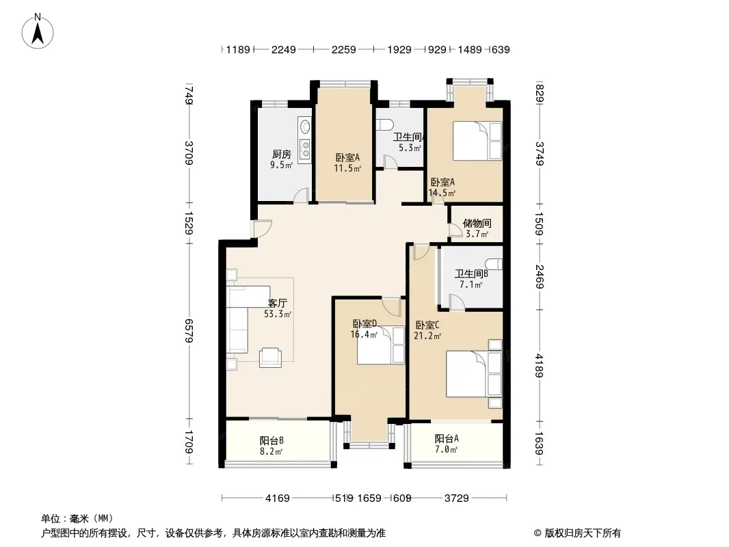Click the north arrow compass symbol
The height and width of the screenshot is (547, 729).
[x=38, y=31]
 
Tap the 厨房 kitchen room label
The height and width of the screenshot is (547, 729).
[x=281, y=154]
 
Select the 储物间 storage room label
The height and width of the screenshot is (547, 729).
[x=477, y=224]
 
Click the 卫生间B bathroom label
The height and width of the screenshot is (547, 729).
[x=471, y=274]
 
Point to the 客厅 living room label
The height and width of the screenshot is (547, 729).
[x=278, y=304]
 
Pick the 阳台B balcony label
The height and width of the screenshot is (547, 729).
[x=271, y=440]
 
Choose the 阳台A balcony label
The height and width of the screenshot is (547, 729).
[x=447, y=439]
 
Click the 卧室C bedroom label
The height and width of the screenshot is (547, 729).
[x=427, y=325]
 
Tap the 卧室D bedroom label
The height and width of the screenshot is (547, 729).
[x=364, y=323]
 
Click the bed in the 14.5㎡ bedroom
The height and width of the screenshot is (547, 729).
[x=477, y=142]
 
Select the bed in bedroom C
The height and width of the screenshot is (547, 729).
[x=474, y=374]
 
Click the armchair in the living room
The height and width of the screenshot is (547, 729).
[x=271, y=357]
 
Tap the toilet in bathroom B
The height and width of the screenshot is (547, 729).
[x=494, y=264]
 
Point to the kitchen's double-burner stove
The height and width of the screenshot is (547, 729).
[x=306, y=149]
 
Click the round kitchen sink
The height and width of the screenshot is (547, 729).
[x=305, y=126]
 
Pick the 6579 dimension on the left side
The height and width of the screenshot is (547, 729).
[x=189, y=331]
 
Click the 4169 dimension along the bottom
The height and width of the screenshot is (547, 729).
[x=278, y=498]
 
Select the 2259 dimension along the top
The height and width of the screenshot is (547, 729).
[x=343, y=49]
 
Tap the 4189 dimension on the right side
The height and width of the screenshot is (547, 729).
[x=539, y=365]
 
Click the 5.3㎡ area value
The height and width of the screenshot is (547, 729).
[x=410, y=148]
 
